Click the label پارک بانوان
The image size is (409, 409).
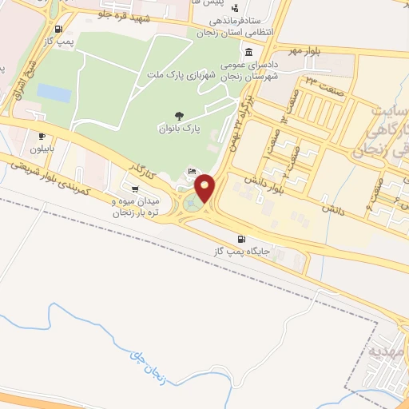(178, 128)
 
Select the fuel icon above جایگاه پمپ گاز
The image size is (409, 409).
(240, 239)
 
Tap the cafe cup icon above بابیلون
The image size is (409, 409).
(42, 137)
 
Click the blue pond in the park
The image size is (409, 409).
(54, 93)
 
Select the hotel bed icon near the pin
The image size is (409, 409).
(192, 172)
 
